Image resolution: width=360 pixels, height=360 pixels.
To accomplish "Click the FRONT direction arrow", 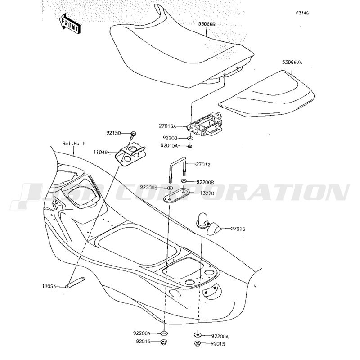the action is coord(70,23).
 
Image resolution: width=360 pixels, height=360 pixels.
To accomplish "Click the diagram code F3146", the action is coord(302,13).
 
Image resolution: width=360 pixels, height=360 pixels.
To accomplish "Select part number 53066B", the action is coord(207,24).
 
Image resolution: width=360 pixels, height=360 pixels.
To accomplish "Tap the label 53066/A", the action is coord(292,62).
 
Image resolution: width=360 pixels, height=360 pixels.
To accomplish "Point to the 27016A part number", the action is coord(167,126).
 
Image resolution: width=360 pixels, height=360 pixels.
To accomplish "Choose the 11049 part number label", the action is coord(100,152).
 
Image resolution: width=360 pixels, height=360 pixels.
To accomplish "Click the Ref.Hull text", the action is coord(73,144).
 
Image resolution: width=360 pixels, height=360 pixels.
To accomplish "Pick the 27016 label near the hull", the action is coord(238,229).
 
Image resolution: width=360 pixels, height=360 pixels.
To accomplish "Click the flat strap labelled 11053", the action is coord(75,283).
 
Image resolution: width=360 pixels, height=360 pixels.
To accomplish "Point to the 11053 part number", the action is coord(49,286).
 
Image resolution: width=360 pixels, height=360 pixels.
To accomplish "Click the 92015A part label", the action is coord(169,145).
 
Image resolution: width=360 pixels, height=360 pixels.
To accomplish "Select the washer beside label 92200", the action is coord(190,139).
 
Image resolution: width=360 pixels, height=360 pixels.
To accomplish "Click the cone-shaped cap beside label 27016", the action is coord(214,229).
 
